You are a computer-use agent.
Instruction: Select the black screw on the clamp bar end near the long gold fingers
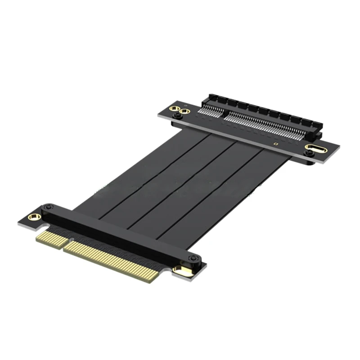pyautogui.click(x=193, y=258)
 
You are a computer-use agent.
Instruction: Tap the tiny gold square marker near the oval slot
pyautogui.click(x=275, y=144)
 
